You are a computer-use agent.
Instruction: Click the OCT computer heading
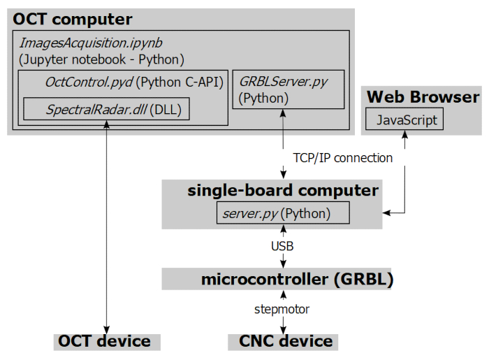coord(73,19)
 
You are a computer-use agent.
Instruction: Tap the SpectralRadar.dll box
coord(106,109)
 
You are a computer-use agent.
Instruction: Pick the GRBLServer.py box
coord(288,89)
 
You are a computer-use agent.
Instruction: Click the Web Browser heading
coord(423,96)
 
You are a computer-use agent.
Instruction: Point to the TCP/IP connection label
coord(340,158)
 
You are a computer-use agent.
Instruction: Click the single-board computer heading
coord(283,190)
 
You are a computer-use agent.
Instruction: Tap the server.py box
coord(283,213)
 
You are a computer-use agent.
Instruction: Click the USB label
coord(282,246)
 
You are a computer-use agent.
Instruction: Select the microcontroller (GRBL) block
coord(297,280)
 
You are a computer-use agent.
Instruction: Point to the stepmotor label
coord(282,309)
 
